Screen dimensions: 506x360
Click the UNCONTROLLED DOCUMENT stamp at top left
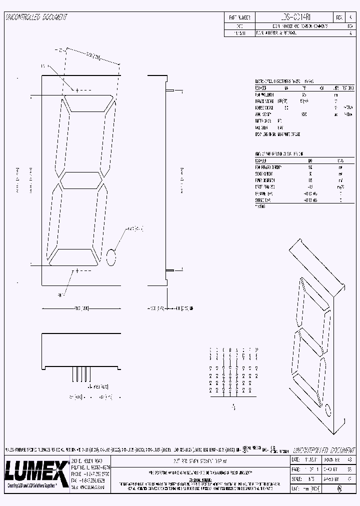pyautogui.click(x=36, y=17)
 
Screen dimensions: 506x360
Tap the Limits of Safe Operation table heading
pyautogui.click(x=279, y=154)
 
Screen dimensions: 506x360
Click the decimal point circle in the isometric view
pyautogui.click(x=328, y=411)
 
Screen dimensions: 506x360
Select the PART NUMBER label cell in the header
pyautogui.click(x=239, y=17)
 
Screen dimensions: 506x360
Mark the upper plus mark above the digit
pyautogui.click(x=76, y=90)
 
